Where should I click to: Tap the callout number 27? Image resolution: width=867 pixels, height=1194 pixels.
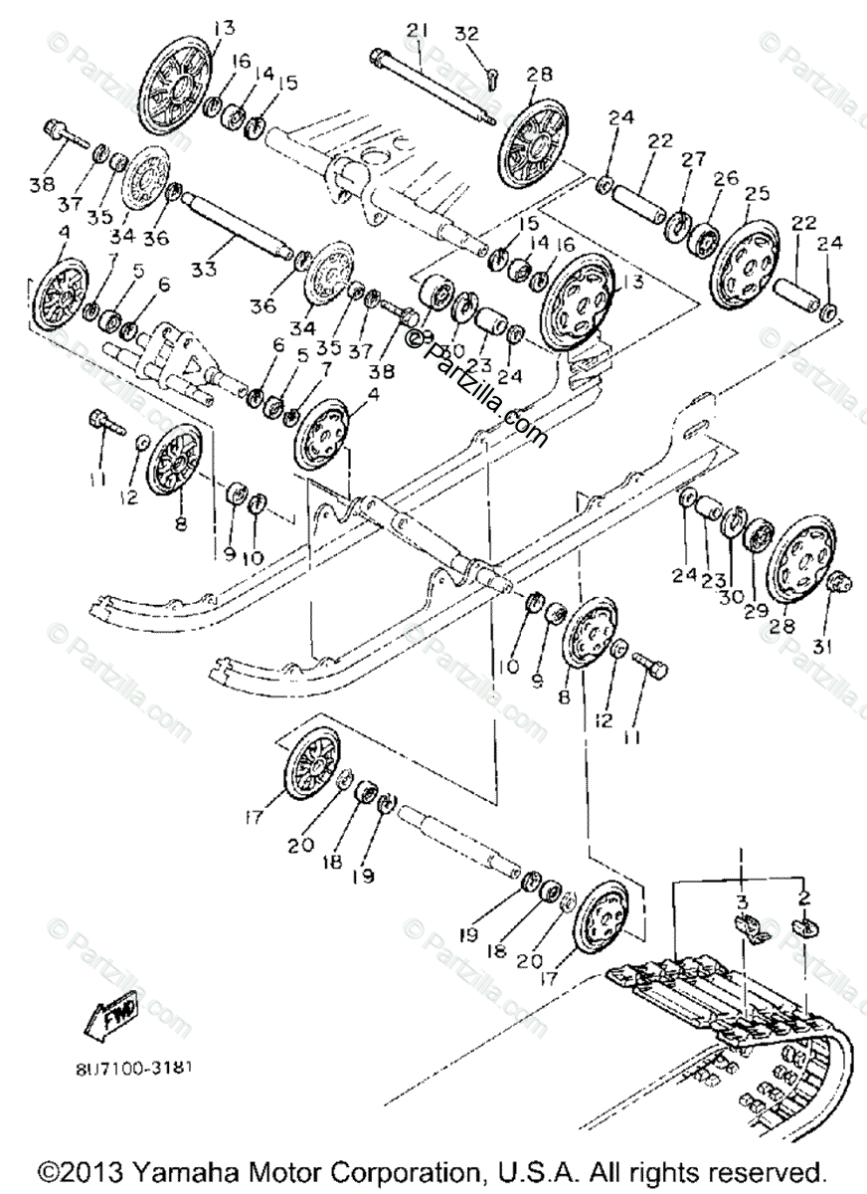[693, 159]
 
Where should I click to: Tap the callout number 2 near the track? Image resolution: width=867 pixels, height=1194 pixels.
[803, 896]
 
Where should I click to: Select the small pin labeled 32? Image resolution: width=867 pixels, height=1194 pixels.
[489, 74]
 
